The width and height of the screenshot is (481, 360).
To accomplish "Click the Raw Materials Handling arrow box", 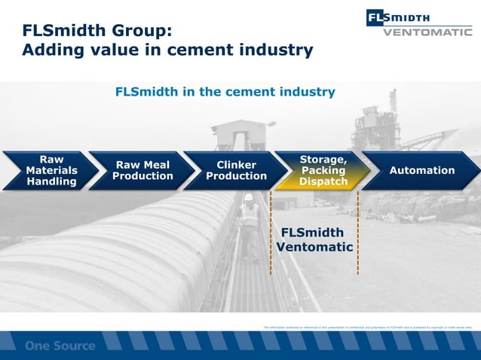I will tap(47, 170).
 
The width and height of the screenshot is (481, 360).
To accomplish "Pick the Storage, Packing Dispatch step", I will tap(323, 170).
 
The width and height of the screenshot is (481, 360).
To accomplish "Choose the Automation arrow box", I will tap(421, 170).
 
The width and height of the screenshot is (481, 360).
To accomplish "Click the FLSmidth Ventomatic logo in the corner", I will tap(418, 23).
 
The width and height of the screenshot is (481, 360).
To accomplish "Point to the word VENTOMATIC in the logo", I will tap(427, 32).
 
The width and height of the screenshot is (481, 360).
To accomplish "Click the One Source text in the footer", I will tap(60, 346).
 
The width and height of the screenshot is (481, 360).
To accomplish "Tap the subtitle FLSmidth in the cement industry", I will tap(225, 92).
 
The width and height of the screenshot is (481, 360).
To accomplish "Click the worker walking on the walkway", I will tap(249, 222).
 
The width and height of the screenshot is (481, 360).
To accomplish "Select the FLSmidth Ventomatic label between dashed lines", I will tap(314, 239).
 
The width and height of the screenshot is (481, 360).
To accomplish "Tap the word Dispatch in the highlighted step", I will tap(323, 182).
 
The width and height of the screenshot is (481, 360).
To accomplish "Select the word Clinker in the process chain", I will tap(236, 165).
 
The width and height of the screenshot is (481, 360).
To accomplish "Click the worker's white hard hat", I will tap(248, 197).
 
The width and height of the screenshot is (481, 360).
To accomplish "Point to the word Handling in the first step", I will tap(51, 182).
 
